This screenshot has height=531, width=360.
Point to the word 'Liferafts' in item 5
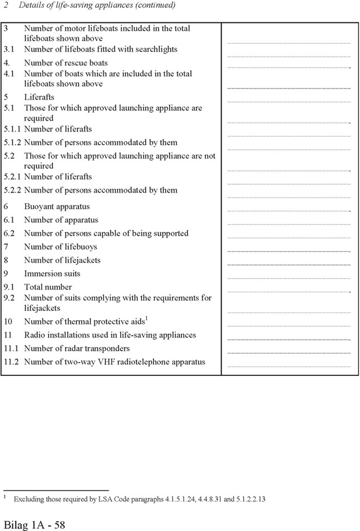click(x=39, y=97)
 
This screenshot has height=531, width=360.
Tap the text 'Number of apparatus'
click(x=61, y=220)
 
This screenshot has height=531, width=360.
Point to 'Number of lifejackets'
click(x=62, y=260)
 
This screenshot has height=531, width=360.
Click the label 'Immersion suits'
click(x=52, y=274)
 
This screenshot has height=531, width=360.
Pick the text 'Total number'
click(x=48, y=287)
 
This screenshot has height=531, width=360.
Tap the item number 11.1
click(x=10, y=349)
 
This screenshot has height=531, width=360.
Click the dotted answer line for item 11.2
click(x=288, y=366)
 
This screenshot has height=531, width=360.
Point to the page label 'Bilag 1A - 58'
click(x=34, y=524)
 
